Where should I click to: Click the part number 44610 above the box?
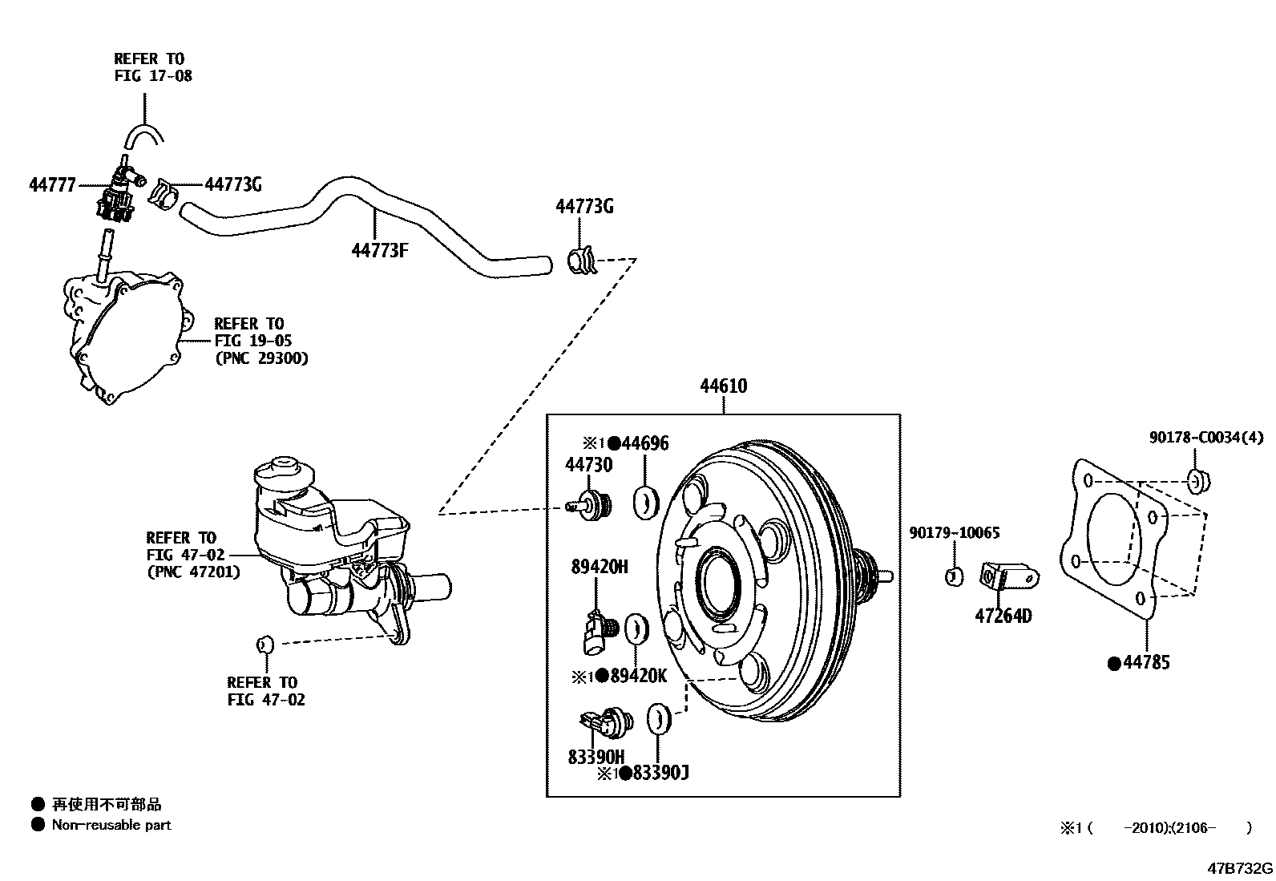click(x=723, y=386)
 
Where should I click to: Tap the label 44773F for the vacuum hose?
click(x=379, y=251)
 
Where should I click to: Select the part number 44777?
click(x=52, y=185)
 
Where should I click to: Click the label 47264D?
click(x=1003, y=616)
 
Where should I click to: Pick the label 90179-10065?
click(x=954, y=533)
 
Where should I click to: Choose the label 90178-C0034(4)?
click(x=1205, y=438)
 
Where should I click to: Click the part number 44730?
click(x=588, y=465)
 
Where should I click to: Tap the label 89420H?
click(x=600, y=568)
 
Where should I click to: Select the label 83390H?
click(x=596, y=757)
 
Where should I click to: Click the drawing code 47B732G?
click(x=1241, y=869)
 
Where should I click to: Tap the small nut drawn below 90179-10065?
click(x=954, y=576)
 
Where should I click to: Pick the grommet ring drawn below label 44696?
click(x=645, y=501)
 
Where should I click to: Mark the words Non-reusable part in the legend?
click(x=111, y=825)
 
